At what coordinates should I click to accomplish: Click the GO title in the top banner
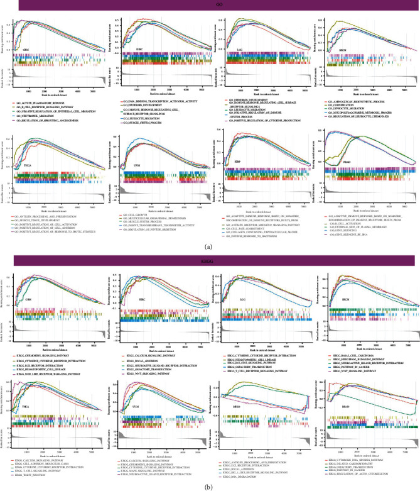click(x=210, y=4)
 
